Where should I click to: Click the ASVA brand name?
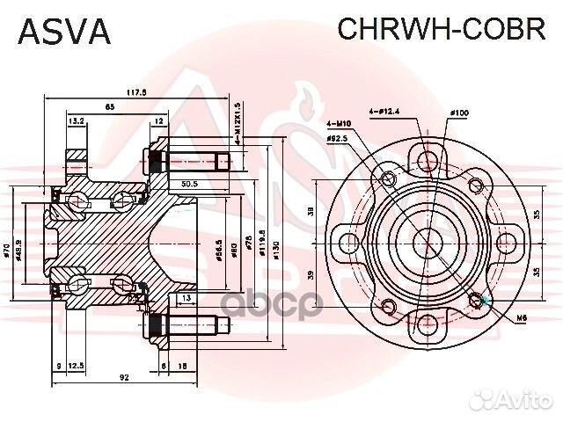pyautogui.click(x=64, y=33)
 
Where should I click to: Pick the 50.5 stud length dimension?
pyautogui.click(x=188, y=185)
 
